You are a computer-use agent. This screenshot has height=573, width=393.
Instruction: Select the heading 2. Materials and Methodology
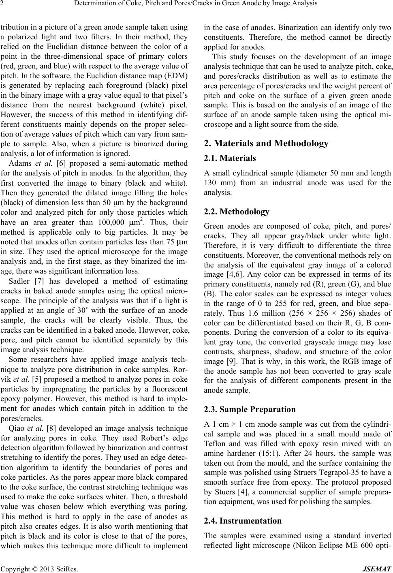[x=266, y=143]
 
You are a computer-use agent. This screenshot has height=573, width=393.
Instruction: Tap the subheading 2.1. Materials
[x=230, y=158]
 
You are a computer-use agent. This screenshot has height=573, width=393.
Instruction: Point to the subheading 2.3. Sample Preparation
[x=250, y=409]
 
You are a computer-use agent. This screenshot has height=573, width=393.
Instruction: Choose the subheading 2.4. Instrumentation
[x=243, y=521]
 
